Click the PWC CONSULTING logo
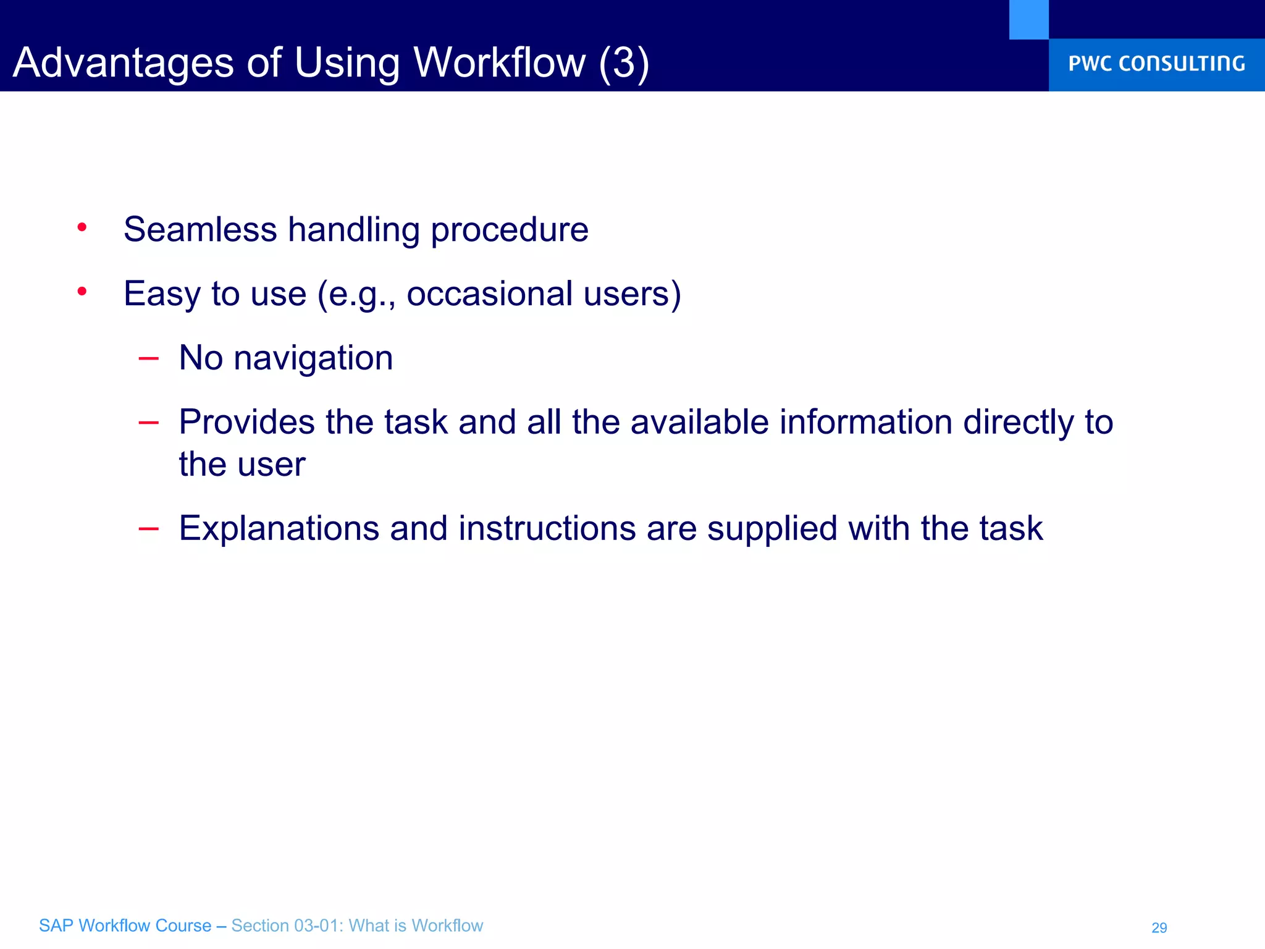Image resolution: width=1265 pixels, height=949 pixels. (x=1156, y=64)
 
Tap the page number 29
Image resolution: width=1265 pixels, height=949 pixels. (x=1159, y=927)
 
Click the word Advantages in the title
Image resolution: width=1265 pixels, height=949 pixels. (x=124, y=63)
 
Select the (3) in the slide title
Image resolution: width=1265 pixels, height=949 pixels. (x=624, y=63)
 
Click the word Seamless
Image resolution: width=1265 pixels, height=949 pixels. (x=200, y=229)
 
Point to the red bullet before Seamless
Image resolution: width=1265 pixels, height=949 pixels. (x=82, y=228)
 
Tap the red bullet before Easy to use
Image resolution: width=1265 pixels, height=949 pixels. (x=82, y=292)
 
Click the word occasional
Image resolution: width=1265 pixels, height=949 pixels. (x=489, y=293)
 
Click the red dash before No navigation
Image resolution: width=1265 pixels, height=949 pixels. (x=149, y=358)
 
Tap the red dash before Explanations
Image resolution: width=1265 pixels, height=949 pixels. (x=149, y=528)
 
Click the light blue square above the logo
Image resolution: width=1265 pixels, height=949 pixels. (x=1028, y=19)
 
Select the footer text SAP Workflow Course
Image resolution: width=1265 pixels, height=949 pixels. (x=125, y=926)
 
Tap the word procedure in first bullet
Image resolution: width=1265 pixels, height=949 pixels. (x=510, y=230)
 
